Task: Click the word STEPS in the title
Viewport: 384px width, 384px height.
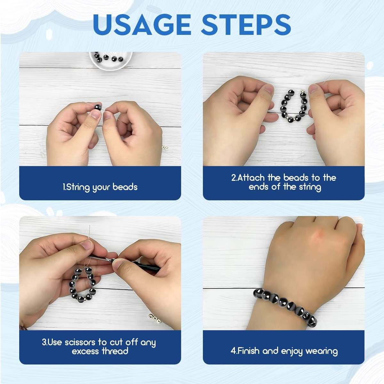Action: [x=243, y=25]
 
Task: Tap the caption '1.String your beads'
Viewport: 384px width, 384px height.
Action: [x=100, y=187]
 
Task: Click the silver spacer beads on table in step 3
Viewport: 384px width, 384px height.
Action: [x=155, y=318]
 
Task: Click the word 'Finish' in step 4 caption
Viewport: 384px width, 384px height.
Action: [x=248, y=351]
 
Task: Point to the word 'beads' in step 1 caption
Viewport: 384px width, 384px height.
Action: [x=125, y=187]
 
